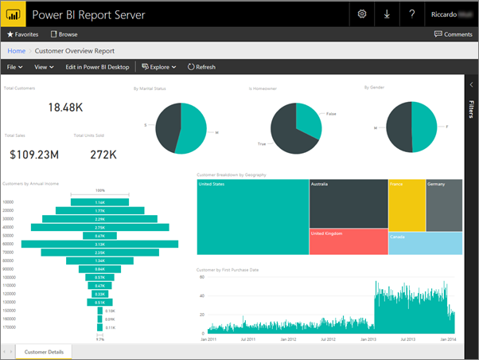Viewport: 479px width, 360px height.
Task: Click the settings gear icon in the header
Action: (362, 14)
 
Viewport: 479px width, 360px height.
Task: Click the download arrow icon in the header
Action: (387, 14)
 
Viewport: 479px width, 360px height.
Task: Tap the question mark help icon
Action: (411, 14)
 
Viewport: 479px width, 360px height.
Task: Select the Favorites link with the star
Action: (23, 35)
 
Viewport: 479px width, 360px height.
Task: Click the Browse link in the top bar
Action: (64, 35)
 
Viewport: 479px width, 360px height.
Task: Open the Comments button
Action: (453, 34)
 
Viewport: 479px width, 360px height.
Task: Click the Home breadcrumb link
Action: (16, 51)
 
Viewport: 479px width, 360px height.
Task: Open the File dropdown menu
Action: (14, 67)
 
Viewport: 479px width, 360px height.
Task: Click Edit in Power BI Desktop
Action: (98, 67)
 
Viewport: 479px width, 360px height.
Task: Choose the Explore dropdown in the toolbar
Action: (159, 67)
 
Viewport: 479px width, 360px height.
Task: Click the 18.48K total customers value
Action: (65, 107)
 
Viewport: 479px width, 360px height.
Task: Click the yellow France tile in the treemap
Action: (406, 205)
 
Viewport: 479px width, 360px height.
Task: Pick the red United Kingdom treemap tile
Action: (348, 241)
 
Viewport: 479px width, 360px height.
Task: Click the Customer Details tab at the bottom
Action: (44, 351)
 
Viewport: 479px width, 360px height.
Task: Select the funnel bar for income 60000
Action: (100, 244)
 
